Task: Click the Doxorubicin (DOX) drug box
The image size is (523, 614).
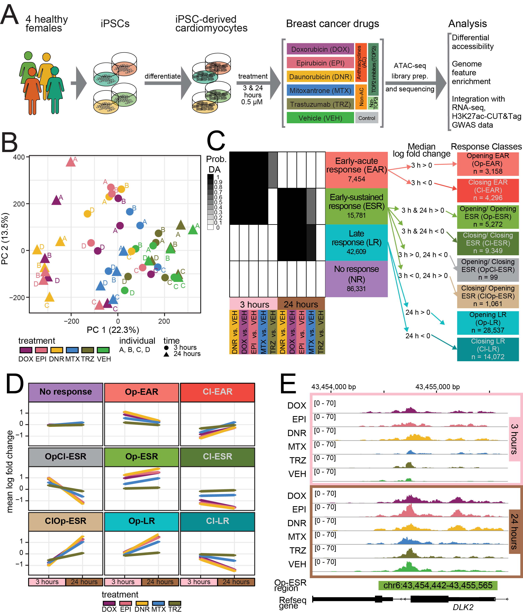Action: coord(320,49)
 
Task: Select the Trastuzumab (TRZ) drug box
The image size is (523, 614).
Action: coord(320,104)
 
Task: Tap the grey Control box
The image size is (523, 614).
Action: coord(367,118)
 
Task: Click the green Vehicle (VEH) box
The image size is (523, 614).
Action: coord(320,118)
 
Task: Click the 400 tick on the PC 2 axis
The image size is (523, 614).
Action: coord(19,157)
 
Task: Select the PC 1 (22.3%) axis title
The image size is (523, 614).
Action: coord(113,330)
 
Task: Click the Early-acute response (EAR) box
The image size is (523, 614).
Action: coord(356,170)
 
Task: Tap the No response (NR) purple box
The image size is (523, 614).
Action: coord(356,279)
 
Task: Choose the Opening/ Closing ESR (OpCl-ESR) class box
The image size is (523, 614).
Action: coord(488,270)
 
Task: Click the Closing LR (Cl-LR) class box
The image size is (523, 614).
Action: coord(488,349)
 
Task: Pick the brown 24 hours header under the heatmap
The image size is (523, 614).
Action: coord(301,304)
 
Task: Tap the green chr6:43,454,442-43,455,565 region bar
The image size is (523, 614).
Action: coord(438,585)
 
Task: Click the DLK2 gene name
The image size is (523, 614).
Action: coord(463,607)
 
